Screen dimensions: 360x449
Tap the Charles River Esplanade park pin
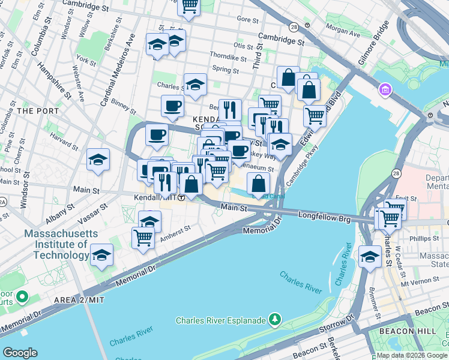[x=275, y=319]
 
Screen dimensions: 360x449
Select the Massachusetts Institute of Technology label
[x=56, y=244]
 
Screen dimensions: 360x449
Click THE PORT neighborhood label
[x=38, y=111]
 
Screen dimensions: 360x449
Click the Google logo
[x=20, y=353]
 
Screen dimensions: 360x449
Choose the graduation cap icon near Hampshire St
[x=98, y=160]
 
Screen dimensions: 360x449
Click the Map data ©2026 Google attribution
[x=411, y=355]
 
